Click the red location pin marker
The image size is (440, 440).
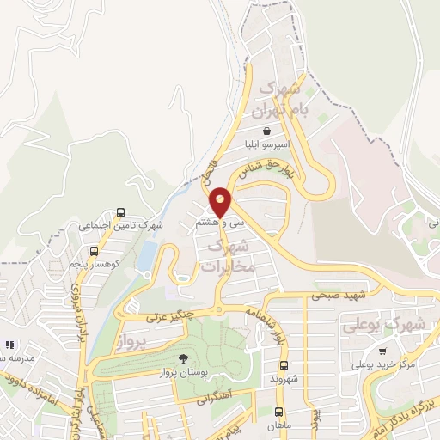(221, 201)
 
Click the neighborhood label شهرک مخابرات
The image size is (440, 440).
(229, 257)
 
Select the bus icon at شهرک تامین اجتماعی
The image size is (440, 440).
(119, 211)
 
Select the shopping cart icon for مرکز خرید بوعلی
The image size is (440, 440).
(382, 351)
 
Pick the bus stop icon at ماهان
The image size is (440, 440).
(278, 412)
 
